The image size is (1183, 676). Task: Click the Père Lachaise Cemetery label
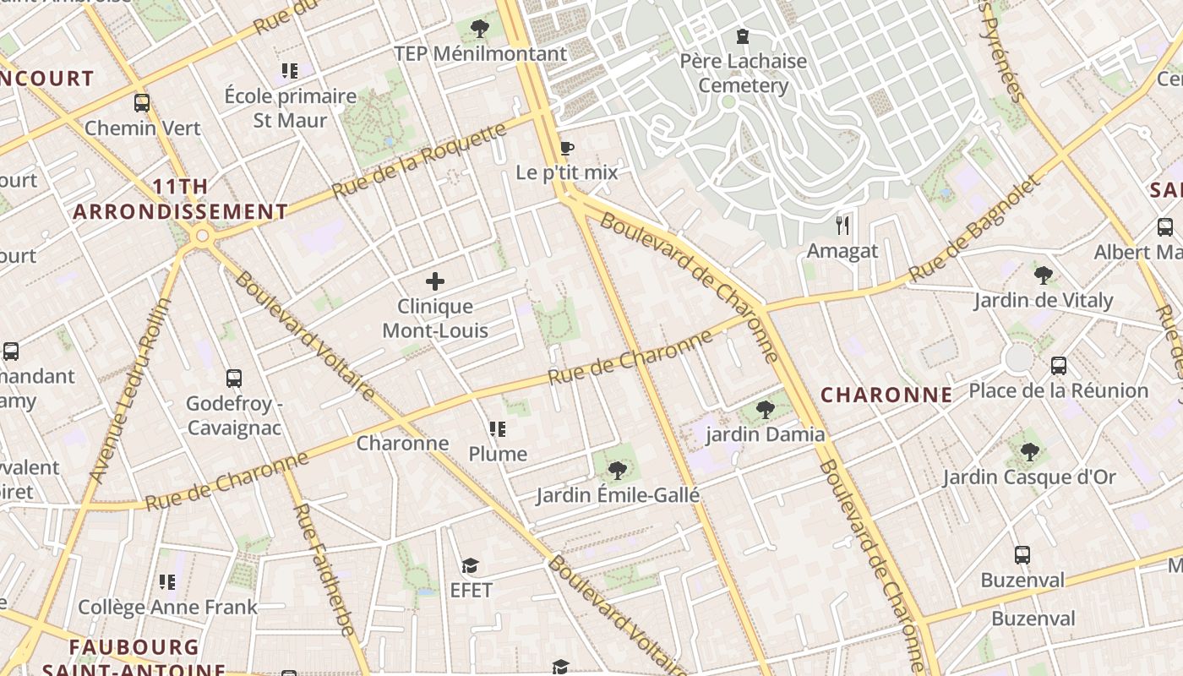point(744,74)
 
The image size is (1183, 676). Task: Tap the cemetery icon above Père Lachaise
point(743,36)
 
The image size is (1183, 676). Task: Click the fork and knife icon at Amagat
point(842,226)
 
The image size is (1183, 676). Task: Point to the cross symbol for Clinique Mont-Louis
point(435,281)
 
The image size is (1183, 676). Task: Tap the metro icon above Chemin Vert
point(142,103)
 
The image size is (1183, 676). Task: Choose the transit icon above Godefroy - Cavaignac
point(234,379)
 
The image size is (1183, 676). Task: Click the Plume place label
point(498,454)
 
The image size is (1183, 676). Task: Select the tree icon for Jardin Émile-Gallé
point(618,471)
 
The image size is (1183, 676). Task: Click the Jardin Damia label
point(765,434)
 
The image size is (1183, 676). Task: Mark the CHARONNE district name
point(886,395)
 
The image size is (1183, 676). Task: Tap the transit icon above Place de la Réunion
point(1058,366)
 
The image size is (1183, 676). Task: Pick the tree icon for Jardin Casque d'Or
point(1029,452)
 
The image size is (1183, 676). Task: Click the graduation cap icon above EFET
point(471,565)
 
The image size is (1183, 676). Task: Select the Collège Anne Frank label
point(167,607)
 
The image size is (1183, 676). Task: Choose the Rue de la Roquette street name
point(419,161)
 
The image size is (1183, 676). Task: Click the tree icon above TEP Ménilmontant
point(480,29)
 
